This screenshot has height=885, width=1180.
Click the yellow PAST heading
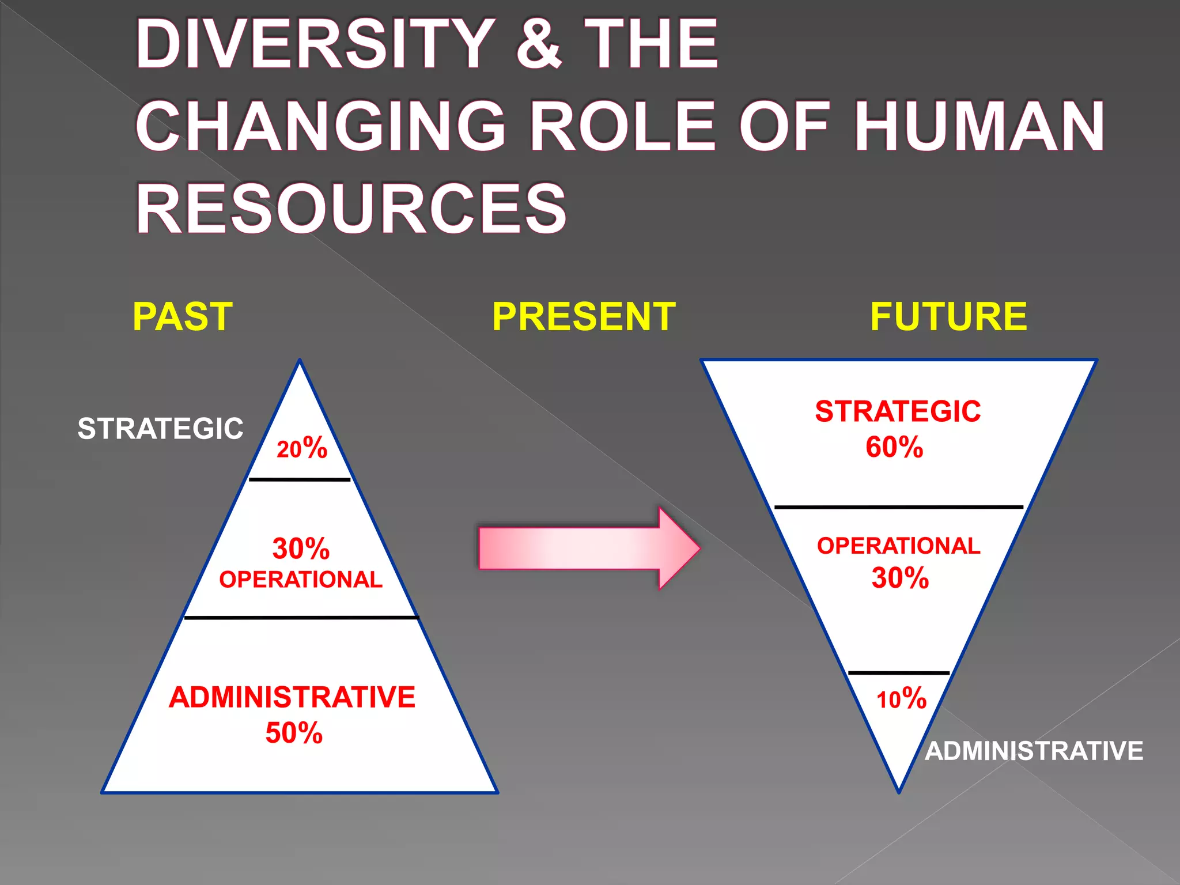coord(183,316)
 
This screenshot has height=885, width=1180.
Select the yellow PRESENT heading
coord(584,316)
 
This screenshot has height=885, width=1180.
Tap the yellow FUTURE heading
coord(948,316)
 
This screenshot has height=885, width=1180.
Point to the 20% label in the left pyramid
coord(302,448)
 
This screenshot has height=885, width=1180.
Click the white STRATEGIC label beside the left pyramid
coord(160,429)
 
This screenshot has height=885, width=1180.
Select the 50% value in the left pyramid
coord(294,733)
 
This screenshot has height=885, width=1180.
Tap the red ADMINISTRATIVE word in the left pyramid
coord(292,697)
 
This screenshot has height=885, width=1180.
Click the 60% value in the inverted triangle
coord(894,447)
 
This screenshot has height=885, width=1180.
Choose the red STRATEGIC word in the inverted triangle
coord(898,411)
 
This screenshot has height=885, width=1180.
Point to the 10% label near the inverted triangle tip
coord(901,699)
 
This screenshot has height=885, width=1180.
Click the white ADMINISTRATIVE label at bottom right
coord(1034,751)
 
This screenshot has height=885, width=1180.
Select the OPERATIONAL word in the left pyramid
coord(301,580)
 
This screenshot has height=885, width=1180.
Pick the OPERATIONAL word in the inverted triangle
coord(898,546)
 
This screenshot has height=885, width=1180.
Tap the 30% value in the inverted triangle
coord(900,578)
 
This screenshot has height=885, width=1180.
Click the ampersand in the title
coord(539,44)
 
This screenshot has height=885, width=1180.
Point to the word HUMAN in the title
coord(979,126)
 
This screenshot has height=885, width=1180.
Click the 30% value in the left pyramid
coord(301,549)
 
